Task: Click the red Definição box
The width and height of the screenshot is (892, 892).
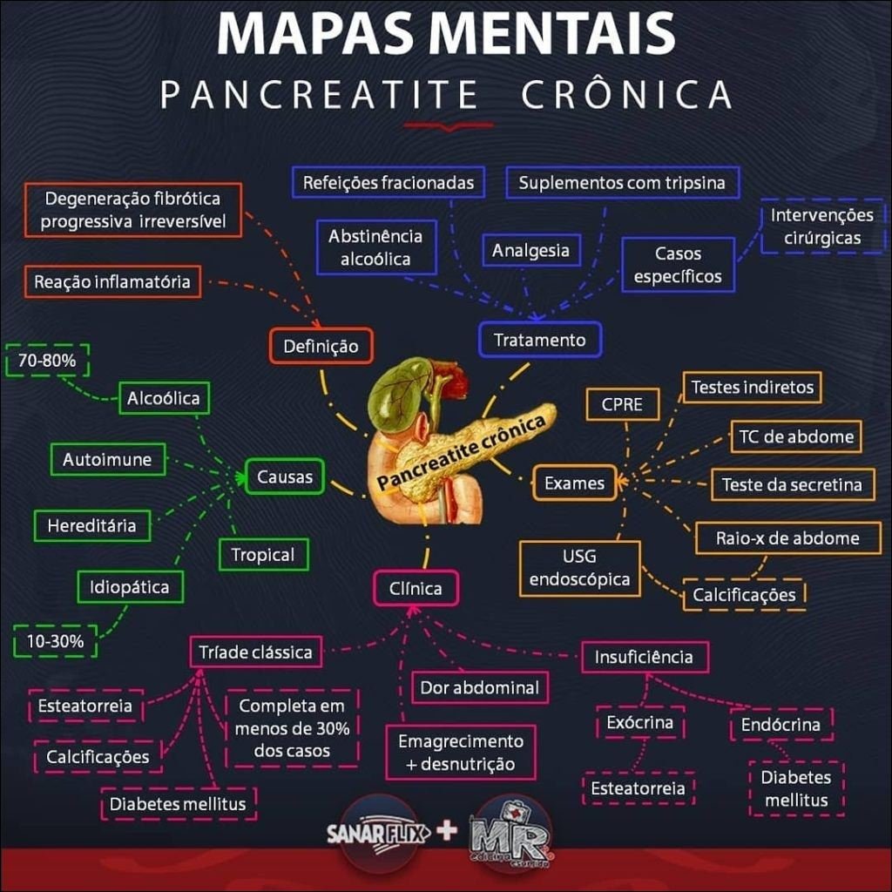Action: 321,346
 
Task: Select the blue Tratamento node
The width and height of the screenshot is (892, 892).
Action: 540,340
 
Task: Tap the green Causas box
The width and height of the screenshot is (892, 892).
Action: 285,476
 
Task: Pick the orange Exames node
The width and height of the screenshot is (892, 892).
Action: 574,483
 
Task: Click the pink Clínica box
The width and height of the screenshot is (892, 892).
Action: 416,588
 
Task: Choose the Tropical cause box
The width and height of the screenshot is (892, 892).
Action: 263,554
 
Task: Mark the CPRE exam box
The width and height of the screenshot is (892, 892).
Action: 622,404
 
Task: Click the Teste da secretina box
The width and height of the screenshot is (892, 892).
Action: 792,484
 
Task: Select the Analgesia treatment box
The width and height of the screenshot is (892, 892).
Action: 530,251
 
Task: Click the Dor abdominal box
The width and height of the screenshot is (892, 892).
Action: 480,687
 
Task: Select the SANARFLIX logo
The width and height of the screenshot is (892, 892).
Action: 377,834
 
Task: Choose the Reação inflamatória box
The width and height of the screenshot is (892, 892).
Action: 111,281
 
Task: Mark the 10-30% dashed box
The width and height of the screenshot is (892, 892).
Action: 55,642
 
